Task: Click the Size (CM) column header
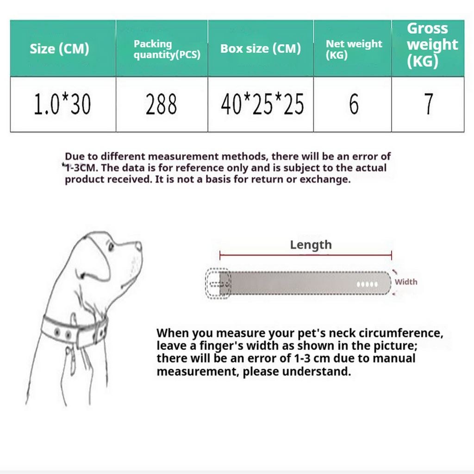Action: [x=59, y=49]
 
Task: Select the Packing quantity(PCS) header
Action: [x=167, y=49]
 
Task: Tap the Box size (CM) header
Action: [x=261, y=49]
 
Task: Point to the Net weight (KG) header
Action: [x=354, y=50]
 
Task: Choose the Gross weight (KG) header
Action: [x=432, y=45]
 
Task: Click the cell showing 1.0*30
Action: [x=62, y=104]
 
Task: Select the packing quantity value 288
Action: [x=161, y=104]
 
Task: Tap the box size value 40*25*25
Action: [x=262, y=104]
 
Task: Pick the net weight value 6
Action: [x=354, y=104]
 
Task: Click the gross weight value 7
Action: [x=429, y=104]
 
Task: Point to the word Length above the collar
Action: [x=311, y=245]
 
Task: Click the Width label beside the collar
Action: [x=405, y=282]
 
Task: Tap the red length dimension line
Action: [x=306, y=255]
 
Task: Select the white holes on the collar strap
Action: [x=367, y=284]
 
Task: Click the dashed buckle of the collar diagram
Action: [x=218, y=284]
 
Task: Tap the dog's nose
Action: [x=139, y=246]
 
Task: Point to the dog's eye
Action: [x=111, y=247]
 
